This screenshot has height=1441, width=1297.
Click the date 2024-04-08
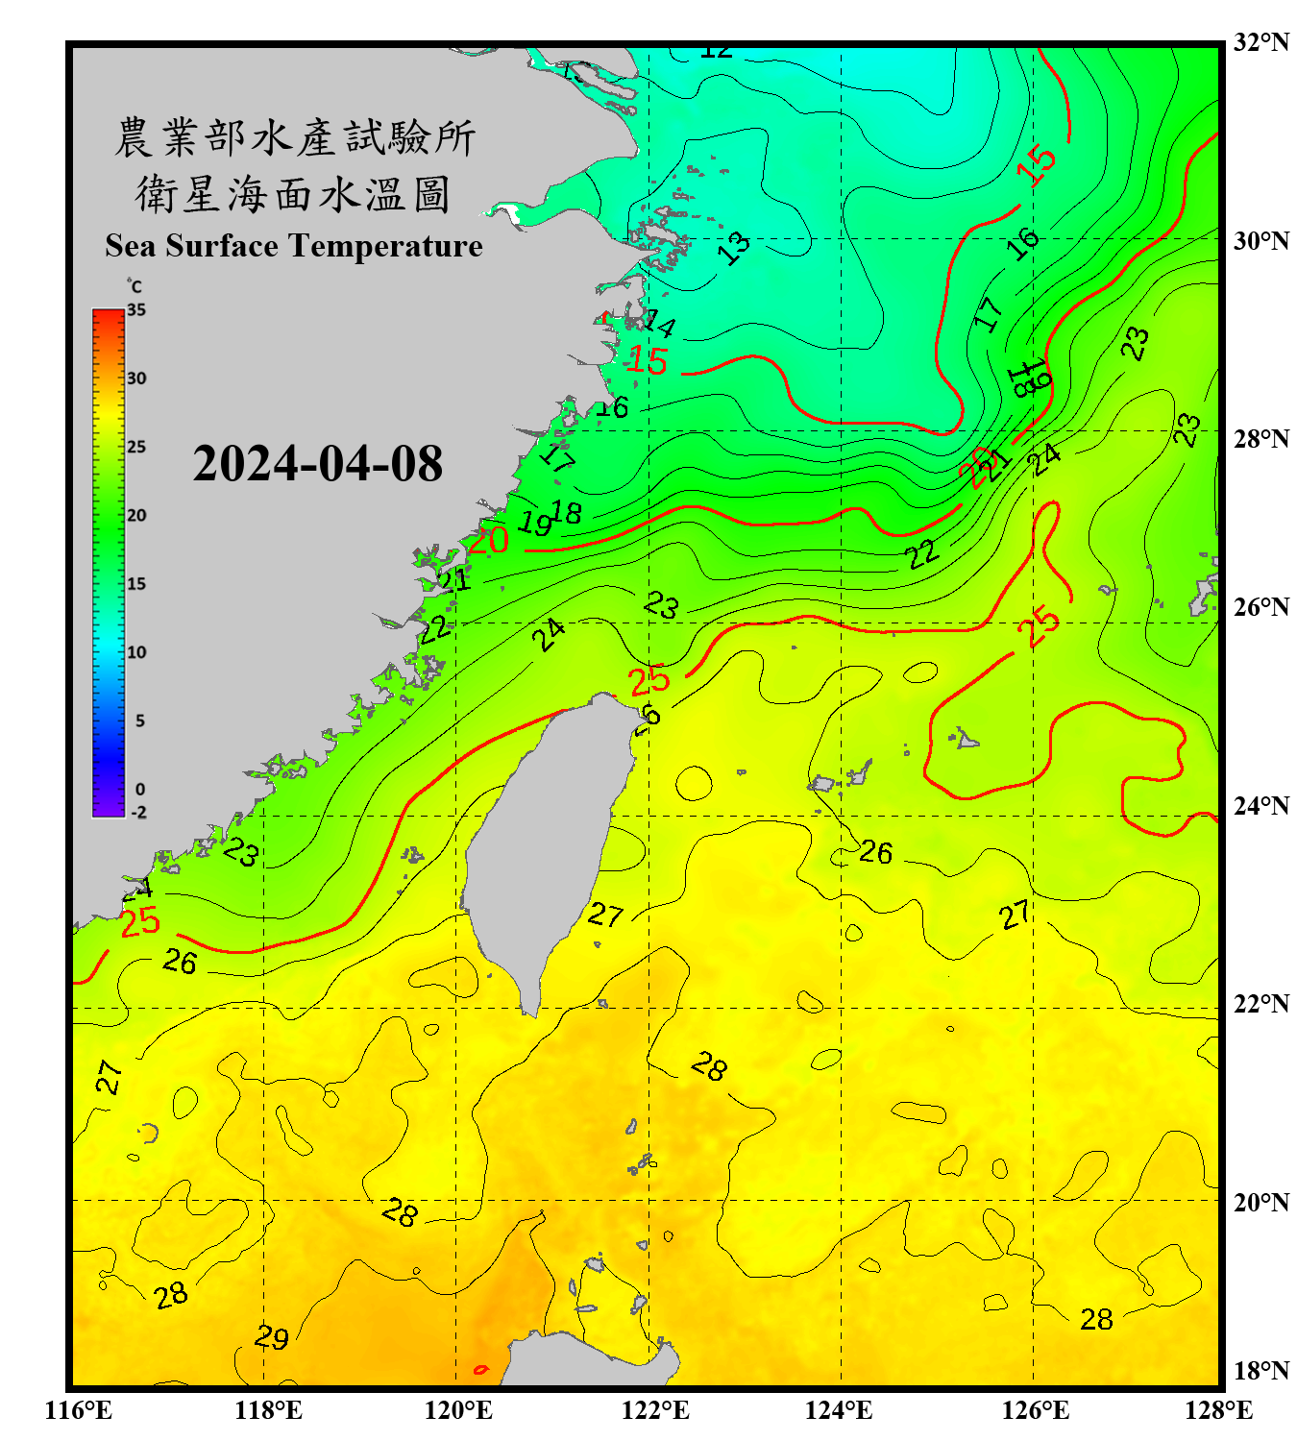317,464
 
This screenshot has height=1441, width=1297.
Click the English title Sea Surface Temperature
294,246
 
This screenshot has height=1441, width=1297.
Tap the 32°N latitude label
1260,42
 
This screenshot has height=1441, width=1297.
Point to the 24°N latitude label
1260,805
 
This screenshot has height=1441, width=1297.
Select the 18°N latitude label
1260,1371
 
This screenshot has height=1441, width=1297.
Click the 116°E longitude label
79,1410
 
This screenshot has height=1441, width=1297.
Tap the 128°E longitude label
1218,1410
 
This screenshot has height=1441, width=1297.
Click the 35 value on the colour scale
136,310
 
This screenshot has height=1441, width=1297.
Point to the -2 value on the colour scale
138,812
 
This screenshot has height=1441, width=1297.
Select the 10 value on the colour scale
136,652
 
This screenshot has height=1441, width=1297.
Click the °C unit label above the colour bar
135,286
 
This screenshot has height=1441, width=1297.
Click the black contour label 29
272,1337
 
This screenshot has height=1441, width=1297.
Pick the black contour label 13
735,248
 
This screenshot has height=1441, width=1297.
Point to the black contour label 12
716,51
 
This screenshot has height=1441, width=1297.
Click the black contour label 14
660,324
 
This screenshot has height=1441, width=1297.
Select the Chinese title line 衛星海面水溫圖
293,194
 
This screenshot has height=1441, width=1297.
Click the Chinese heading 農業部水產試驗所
294,137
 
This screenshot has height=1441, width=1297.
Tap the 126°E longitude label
1036,1410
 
